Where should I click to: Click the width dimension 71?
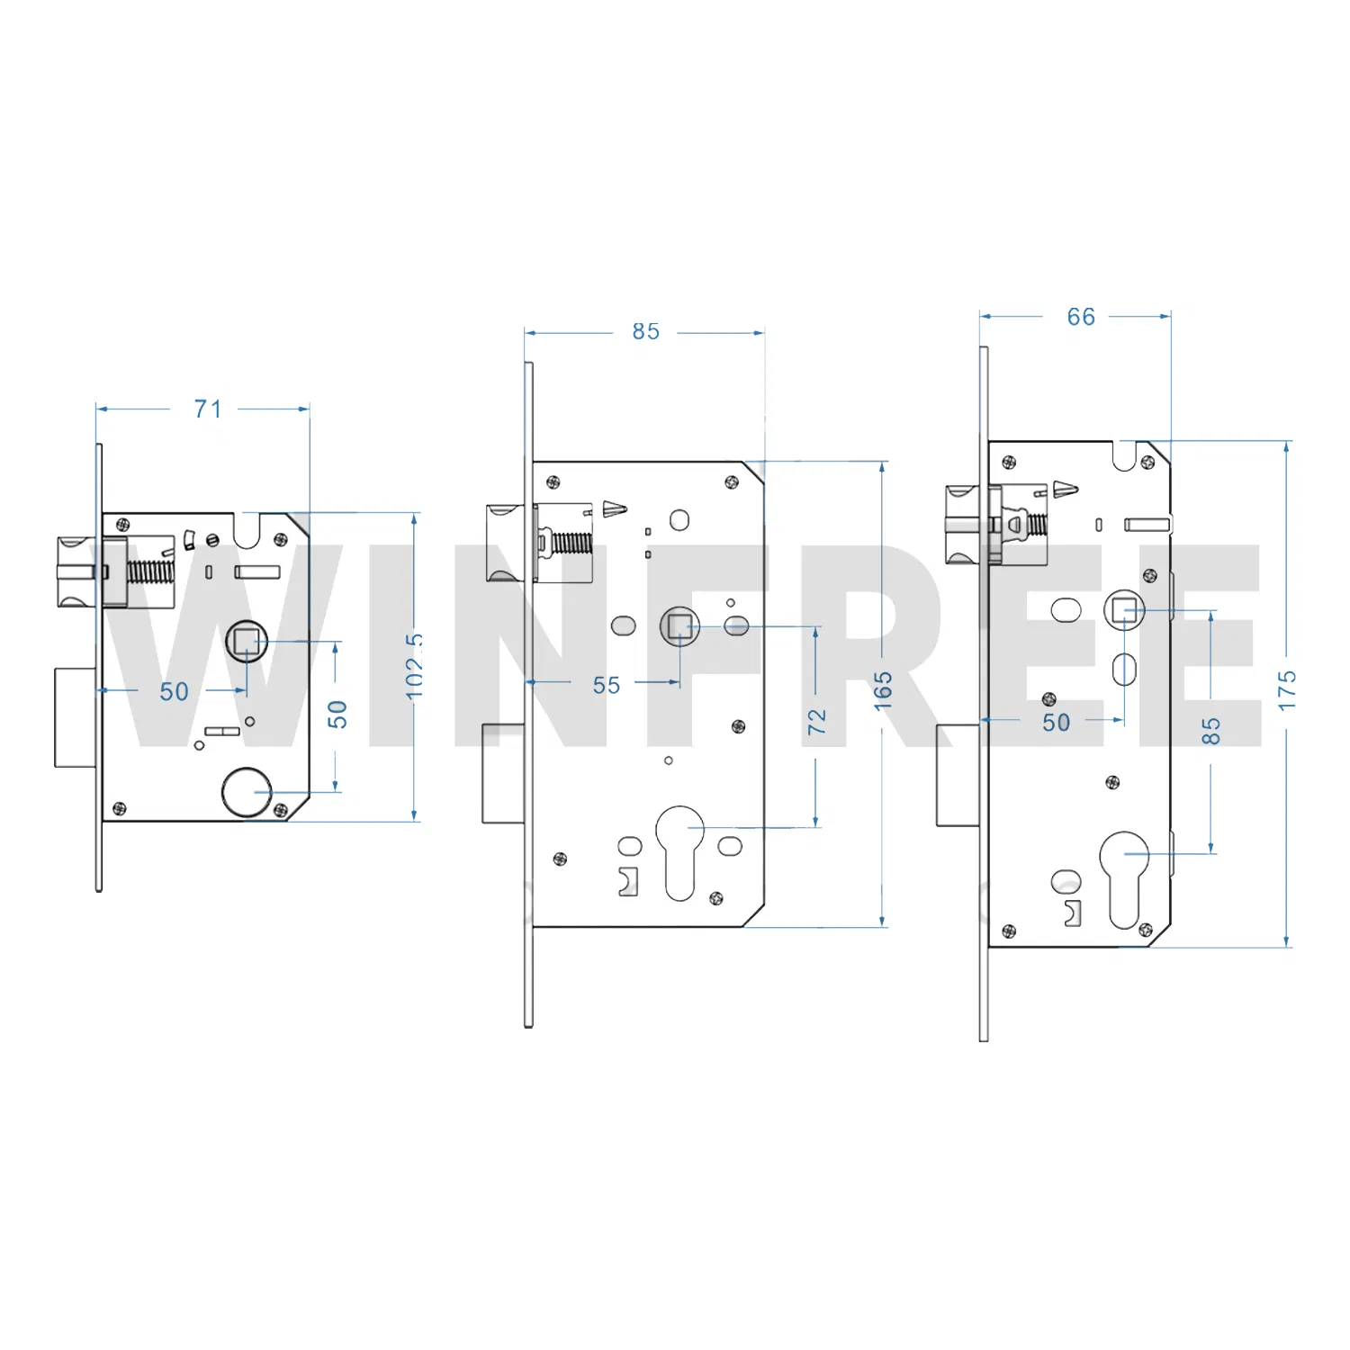pos(208,409)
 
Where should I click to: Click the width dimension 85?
pos(645,332)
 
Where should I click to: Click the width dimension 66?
pos(1081,317)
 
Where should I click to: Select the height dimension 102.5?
pos(414,666)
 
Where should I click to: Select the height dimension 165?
pos(883,690)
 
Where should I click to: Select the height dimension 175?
pos(1287,690)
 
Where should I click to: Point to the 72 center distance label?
pos(816,722)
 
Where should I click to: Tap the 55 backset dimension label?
pos(607,686)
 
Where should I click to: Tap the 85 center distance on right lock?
pos(1211,731)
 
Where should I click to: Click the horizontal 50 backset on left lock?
pos(175,691)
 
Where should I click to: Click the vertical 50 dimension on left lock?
pos(337,715)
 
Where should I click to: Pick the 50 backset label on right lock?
pos(1057,723)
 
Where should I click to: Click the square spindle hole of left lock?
pos(246,642)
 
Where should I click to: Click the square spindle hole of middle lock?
pos(680,625)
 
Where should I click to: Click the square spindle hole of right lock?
pos(1123,611)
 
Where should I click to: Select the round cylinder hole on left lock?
pos(246,792)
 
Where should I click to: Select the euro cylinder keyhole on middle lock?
pos(680,850)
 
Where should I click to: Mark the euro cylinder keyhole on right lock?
pos(1123,877)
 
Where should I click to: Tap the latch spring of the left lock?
pos(149,571)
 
